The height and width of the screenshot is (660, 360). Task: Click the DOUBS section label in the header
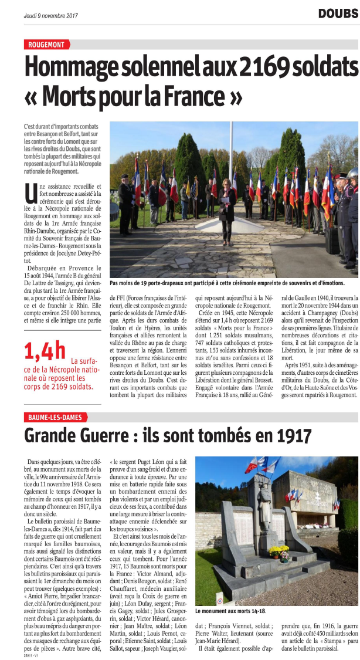pyautogui.click(x=338, y=13)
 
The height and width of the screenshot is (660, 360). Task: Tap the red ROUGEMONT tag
pyautogui.click(x=47, y=45)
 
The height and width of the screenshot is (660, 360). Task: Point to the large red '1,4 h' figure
pyautogui.click(x=45, y=351)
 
